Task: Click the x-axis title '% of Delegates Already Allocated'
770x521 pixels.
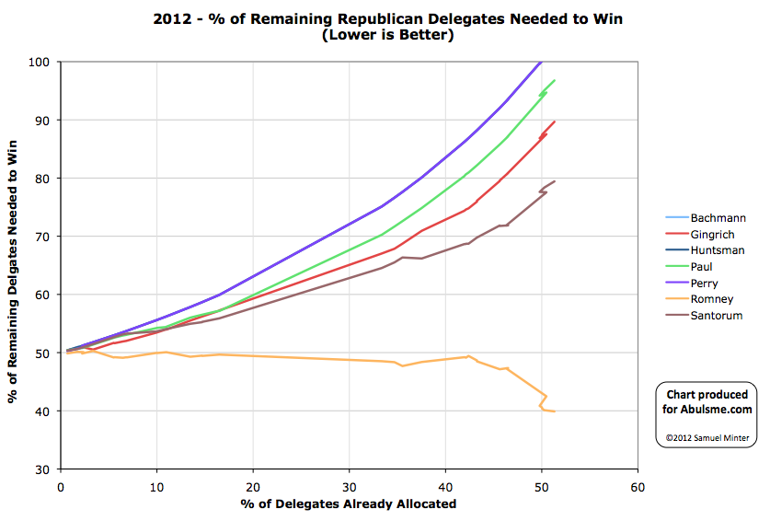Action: [x=349, y=504]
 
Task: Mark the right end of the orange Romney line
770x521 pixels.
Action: [x=555, y=411]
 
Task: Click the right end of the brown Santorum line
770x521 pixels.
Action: [x=555, y=181]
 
